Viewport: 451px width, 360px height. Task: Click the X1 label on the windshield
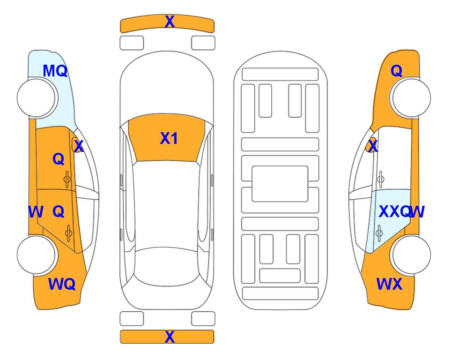169,138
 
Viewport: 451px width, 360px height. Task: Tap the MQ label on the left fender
55,71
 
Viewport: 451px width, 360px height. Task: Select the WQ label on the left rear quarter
62,284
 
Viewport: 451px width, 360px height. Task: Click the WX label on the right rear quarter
389,284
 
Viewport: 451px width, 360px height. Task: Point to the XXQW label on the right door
401,212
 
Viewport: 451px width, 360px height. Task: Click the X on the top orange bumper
170,21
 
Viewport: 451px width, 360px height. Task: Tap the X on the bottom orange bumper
170,337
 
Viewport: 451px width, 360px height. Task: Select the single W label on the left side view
36,212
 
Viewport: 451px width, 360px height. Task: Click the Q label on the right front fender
396,71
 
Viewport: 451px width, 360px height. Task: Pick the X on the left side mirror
79,146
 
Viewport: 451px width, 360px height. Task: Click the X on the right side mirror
373,146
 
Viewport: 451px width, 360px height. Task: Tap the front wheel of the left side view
36,97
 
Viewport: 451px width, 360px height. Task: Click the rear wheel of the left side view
36,255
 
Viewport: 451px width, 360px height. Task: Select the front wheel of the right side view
411,97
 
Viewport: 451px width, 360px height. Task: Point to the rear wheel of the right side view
411,255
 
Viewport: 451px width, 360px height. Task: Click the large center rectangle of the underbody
280,184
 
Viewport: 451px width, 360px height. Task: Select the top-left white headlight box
132,43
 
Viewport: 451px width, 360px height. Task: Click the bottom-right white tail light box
203,319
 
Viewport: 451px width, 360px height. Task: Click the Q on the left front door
59,159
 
